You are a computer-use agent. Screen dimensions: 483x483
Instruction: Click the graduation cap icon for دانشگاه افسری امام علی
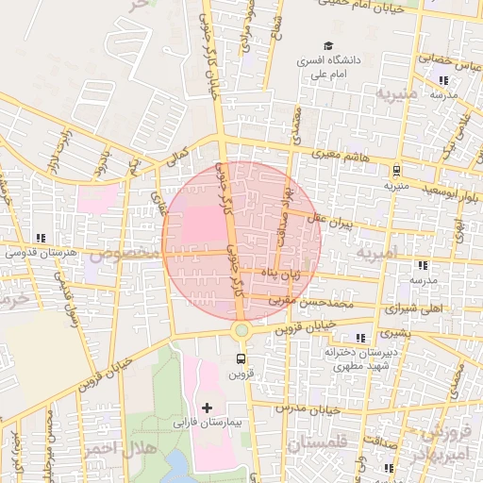coord(328,45)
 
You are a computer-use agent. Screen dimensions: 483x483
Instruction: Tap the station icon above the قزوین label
coord(241,358)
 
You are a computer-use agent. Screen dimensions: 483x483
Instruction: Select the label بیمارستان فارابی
coord(207,425)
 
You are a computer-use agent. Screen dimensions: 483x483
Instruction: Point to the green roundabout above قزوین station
coord(241,329)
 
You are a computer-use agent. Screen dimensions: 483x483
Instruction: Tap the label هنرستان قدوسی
coord(39,253)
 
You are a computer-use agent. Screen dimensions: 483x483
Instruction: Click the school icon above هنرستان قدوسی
coord(39,238)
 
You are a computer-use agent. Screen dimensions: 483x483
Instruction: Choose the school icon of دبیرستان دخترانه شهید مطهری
coord(359,338)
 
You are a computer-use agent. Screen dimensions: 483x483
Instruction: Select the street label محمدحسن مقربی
coord(312,304)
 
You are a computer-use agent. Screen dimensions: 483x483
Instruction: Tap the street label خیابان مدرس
coord(309,409)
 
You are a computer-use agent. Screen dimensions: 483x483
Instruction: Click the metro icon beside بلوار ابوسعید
coord(396,171)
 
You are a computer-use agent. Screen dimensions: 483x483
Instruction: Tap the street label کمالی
coord(177,151)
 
